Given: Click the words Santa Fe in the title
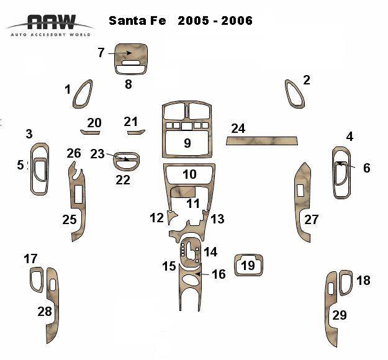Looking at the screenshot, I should [x=137, y=20].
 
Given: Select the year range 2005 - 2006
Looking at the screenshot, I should [x=215, y=20].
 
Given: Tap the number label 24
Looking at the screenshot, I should [x=238, y=128].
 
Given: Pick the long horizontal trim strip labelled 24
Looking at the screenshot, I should [x=261, y=141].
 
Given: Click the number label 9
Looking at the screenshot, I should [x=187, y=143].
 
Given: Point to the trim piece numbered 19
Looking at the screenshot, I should [x=248, y=265].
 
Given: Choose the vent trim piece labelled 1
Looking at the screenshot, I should [x=83, y=94].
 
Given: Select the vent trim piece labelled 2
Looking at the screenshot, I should [x=294, y=94].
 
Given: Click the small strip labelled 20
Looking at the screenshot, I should [x=91, y=132].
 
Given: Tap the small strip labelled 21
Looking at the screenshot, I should [x=135, y=132].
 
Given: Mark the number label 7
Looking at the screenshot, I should [x=101, y=53].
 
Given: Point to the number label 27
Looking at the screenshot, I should [x=311, y=219].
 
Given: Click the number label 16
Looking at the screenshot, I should [x=219, y=274].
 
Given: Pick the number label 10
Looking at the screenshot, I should [x=189, y=174].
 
